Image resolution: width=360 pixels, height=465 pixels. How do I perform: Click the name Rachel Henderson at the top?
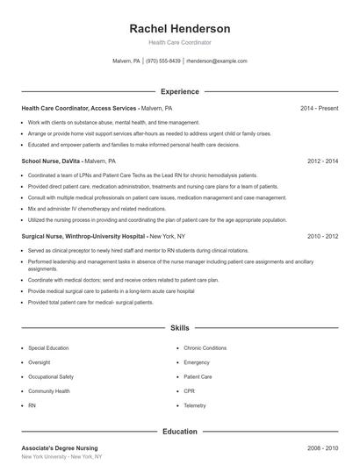pos(180,28)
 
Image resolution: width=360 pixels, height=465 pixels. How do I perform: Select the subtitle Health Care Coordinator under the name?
pos(180,42)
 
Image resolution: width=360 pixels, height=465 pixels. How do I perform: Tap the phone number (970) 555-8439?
pos(163,61)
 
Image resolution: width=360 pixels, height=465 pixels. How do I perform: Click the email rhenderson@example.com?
pos(217,61)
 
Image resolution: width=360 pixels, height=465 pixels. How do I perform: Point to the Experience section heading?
pos(180,91)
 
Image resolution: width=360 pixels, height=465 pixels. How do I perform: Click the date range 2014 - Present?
pos(319,108)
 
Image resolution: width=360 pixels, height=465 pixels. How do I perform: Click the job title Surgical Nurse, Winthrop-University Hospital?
pos(84,236)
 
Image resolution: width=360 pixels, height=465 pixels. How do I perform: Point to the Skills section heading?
pos(180,328)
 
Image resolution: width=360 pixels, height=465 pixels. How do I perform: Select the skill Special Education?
pos(48,348)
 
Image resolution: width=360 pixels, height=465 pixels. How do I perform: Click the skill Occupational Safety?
pos(50,376)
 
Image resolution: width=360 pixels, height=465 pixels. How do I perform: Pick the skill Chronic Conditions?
pos(205,348)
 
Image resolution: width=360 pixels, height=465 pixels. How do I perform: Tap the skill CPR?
pos(190,390)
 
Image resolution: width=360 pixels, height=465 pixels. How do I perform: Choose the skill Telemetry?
pos(195,405)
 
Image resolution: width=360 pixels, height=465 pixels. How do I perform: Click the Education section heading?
pos(180,431)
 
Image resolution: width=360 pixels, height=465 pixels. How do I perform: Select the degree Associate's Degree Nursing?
pos(60,448)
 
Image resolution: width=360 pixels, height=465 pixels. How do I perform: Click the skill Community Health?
pos(48,390)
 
